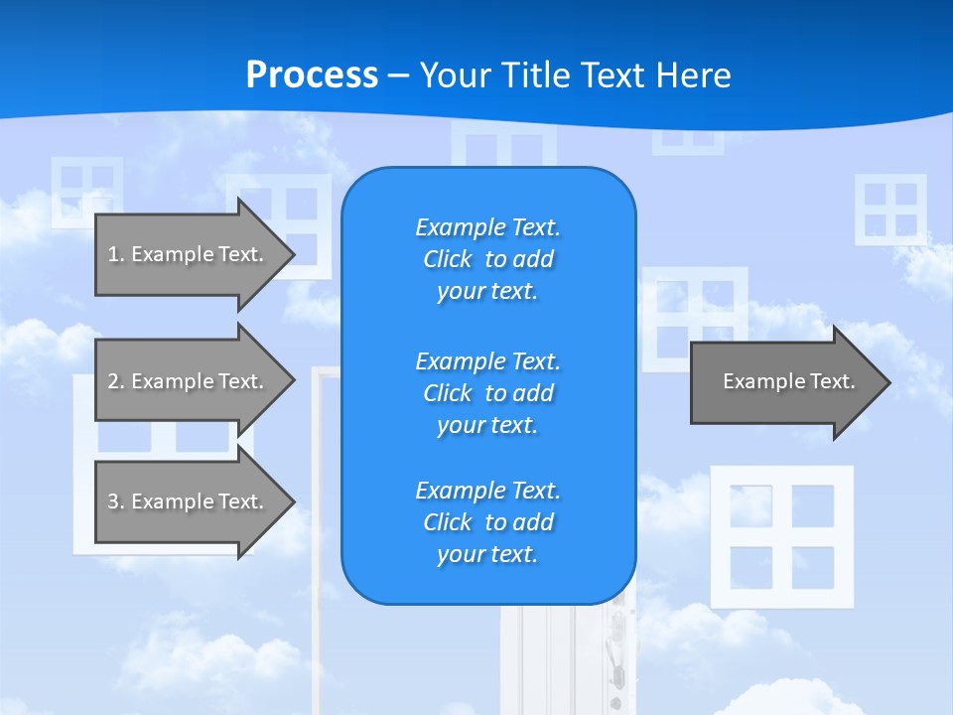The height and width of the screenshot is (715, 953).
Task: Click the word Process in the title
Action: pyautogui.click(x=312, y=75)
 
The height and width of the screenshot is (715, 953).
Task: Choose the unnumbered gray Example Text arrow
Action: pyautogui.click(x=784, y=382)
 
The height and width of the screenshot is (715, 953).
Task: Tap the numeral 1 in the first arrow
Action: pyautogui.click(x=113, y=254)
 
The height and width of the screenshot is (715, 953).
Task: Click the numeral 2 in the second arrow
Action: pyautogui.click(x=113, y=381)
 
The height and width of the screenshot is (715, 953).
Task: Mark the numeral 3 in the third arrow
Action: pyautogui.click(x=113, y=501)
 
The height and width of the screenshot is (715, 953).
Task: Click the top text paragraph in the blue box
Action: pyautogui.click(x=487, y=259)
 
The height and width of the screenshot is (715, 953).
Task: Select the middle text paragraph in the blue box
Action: pyautogui.click(x=487, y=392)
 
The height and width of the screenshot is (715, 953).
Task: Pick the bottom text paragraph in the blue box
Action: pyautogui.click(x=487, y=522)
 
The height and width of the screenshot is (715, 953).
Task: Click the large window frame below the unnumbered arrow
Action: pyautogui.click(x=782, y=536)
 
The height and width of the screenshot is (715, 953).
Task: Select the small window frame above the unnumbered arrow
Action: pyautogui.click(x=890, y=210)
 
